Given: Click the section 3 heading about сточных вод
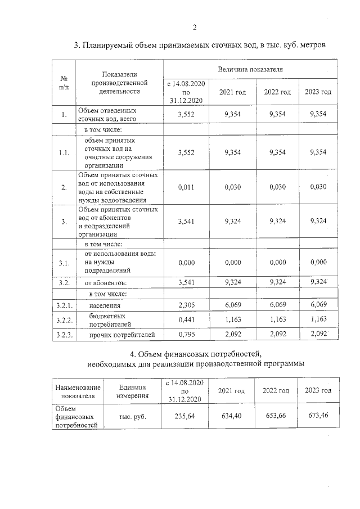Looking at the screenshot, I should pos(200,44).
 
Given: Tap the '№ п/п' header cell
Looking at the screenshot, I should pos(64,83).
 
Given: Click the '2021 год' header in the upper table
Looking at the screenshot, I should pos(232,92).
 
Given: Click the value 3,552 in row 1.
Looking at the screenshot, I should pos(185,114).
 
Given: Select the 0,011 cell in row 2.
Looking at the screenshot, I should pos(185,187).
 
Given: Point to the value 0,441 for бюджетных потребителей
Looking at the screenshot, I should pos(185,319).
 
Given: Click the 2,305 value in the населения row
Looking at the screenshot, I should pos(185,304).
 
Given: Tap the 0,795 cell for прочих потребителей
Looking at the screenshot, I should pos(185,335).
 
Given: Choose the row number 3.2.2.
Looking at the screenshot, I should pos(64,319).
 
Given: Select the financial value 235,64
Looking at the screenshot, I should pos(185,417).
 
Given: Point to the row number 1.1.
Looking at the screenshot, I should pos(64,152).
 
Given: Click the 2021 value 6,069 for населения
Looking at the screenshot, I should pos(232,304).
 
